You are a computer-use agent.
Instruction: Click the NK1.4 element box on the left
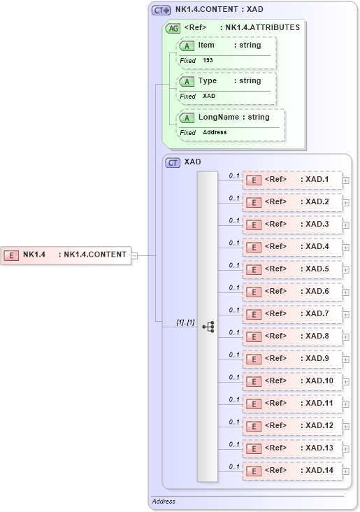[x=66, y=255]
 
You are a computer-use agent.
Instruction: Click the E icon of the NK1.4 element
[x=11, y=255]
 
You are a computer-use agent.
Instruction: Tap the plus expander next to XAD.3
[x=346, y=225]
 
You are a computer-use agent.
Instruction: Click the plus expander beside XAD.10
[x=346, y=382]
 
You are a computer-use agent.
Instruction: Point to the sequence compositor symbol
[x=208, y=326]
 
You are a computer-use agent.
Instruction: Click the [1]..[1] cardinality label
[x=185, y=322]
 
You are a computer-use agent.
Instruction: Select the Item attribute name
[x=206, y=45]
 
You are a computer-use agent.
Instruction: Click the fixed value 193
[x=208, y=61]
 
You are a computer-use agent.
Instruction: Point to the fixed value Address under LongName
[x=215, y=132]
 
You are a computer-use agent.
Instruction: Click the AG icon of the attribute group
[x=173, y=28]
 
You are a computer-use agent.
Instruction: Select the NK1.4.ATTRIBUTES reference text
[x=259, y=28]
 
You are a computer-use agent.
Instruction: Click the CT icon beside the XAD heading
[x=173, y=162]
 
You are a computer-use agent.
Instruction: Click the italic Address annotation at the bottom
[x=164, y=502]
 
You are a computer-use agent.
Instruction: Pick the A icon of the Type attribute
[x=187, y=82]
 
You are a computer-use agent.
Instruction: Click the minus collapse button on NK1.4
[x=135, y=255]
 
